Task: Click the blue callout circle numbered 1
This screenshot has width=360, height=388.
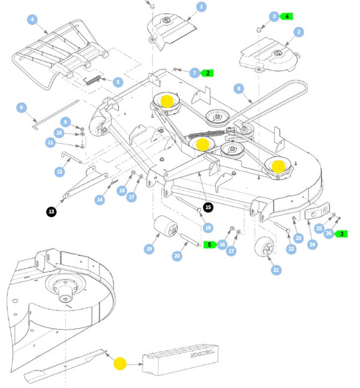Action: tap(201, 7)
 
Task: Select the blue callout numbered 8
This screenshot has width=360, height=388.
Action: tap(239, 89)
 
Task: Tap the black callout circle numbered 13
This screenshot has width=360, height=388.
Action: tap(51, 211)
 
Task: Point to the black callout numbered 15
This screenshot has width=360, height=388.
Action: tap(208, 207)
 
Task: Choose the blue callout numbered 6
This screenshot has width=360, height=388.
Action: tap(22, 108)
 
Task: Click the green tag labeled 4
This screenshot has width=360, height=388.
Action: tap(287, 16)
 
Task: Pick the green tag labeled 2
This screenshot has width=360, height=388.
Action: tap(208, 73)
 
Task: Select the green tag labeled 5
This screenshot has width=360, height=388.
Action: tap(209, 245)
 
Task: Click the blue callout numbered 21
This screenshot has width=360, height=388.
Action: tap(277, 270)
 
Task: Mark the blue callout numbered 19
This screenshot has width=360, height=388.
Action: tap(148, 249)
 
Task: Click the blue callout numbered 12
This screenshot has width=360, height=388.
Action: tap(59, 172)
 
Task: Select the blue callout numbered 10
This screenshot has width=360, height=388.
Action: tap(59, 133)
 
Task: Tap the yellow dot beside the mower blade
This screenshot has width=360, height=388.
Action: tap(119, 363)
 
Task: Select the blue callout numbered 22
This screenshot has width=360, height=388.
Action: tap(291, 249)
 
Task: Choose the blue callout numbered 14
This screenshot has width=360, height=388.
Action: tap(100, 199)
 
